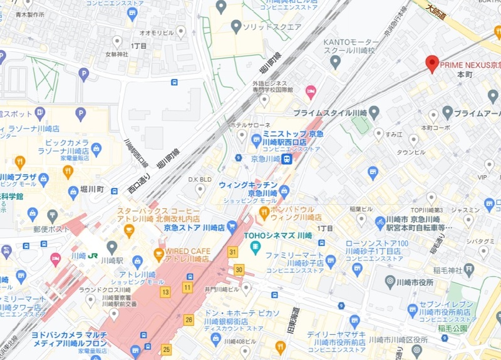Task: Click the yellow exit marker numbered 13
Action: pos(165,292)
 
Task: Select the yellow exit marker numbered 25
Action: pos(165,348)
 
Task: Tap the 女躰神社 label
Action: pos(116,54)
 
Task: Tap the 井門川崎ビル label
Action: pos(224,289)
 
